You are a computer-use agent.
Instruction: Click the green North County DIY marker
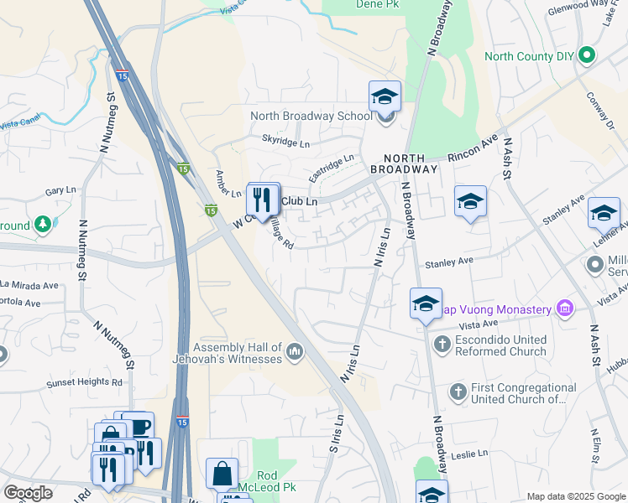587,57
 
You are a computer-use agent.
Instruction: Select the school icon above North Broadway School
385,96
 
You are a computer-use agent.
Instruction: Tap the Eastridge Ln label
331,168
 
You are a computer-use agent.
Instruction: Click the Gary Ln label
60,191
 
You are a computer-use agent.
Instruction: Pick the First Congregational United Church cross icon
458,391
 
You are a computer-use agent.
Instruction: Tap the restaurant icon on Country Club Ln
263,200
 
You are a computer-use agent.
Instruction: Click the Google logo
28,493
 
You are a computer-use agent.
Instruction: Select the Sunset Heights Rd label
81,381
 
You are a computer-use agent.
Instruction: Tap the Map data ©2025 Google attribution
575,495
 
